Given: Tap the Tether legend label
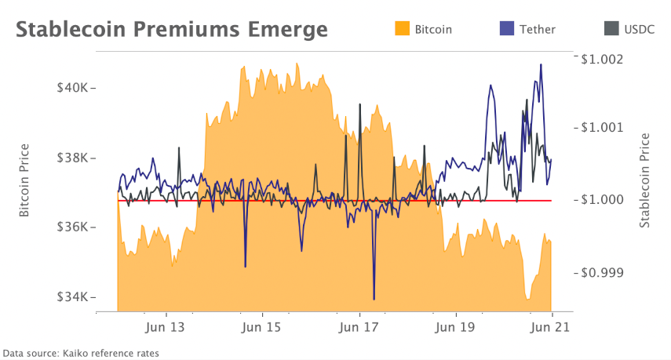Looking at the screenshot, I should click(x=538, y=29).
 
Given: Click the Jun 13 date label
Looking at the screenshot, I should click(x=166, y=327).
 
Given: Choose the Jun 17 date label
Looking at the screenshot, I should click(x=359, y=327).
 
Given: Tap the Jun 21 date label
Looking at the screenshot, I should click(x=552, y=327).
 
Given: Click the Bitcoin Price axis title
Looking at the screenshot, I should click(x=24, y=180).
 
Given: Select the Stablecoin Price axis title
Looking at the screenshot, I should click(x=645, y=180).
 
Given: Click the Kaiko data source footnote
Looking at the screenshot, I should click(x=81, y=353).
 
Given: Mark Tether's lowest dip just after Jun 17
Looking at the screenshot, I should click(x=374, y=299).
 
